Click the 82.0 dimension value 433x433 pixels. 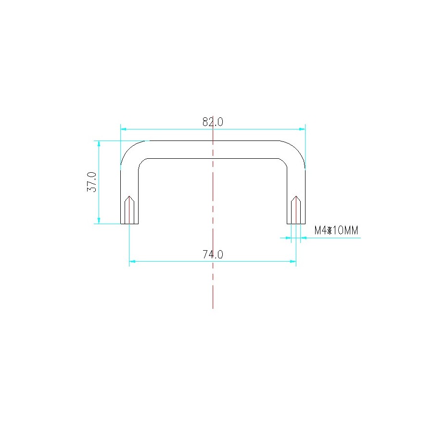tap(213, 122)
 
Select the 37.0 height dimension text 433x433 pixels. tap(92, 182)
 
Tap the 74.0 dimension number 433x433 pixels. tap(213, 255)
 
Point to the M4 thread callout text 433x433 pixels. tap(336, 230)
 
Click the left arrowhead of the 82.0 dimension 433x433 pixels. tap(124, 129)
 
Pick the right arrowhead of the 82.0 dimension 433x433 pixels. tap(302, 129)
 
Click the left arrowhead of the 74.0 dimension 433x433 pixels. tap(132, 261)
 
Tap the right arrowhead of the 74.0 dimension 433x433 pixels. tap(293, 261)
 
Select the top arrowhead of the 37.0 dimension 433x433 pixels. tap(99, 143)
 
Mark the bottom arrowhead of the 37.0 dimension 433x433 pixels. tap(99, 221)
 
